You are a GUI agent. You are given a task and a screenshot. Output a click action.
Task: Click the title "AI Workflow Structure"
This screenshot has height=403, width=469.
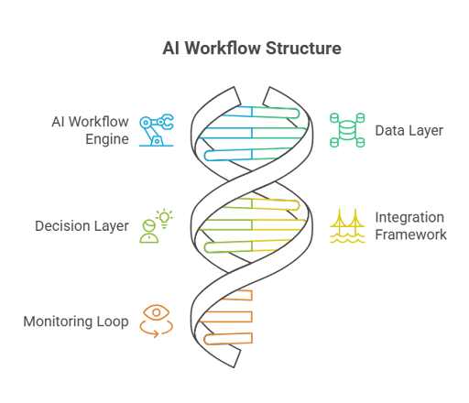click(252, 49)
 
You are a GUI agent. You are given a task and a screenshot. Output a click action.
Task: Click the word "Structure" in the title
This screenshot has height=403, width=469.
click(303, 49)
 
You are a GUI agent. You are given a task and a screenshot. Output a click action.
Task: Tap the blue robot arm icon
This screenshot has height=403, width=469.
click(157, 130)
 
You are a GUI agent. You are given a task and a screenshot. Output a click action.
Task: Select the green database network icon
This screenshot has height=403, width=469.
click(347, 130)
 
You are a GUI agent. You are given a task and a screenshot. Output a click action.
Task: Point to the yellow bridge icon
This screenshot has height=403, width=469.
click(347, 226)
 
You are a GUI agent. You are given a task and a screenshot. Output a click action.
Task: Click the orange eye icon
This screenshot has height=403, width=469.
click(157, 312)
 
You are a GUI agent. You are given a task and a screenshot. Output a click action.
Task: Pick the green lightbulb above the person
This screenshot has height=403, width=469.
click(165, 219)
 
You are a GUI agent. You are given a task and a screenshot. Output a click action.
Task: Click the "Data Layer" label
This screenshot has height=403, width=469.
click(409, 131)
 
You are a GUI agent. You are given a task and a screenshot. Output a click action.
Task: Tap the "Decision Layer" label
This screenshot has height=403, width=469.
click(82, 226)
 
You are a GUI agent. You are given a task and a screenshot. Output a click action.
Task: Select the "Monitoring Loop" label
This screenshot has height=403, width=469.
click(76, 321)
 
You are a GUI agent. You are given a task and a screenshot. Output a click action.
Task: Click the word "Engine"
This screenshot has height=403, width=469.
click(107, 139)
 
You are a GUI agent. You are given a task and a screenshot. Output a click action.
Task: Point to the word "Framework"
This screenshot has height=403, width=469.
click(410, 234)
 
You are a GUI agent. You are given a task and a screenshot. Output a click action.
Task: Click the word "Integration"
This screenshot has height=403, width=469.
click(409, 217)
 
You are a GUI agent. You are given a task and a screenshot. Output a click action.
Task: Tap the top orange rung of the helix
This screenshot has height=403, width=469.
click(238, 295)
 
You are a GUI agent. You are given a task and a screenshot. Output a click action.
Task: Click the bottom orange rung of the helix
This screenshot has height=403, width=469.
click(228, 339)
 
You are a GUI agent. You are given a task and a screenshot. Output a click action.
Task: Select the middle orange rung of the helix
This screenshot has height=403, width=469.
click(226, 317)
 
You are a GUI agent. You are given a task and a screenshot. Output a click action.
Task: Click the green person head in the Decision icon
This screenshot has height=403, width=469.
click(149, 226)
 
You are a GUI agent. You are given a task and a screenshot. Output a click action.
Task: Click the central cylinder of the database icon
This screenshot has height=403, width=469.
click(347, 130)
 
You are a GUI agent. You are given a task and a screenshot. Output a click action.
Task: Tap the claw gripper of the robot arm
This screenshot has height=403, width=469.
click(167, 122)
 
